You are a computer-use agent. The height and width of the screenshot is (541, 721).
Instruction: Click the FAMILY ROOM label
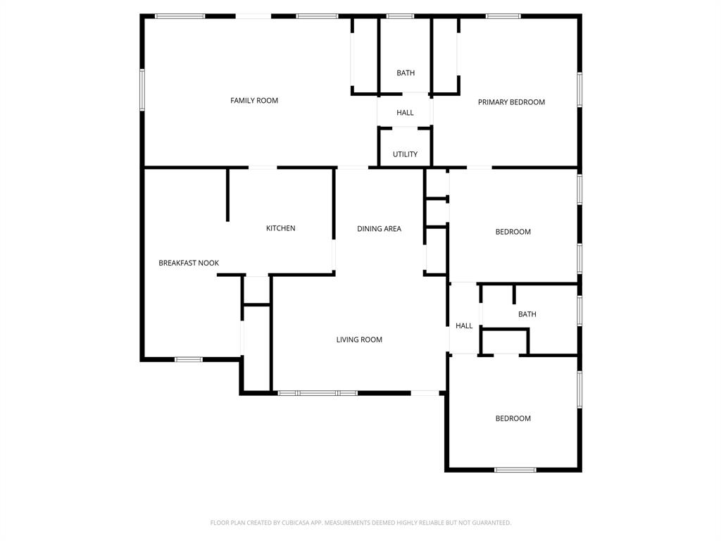pos(254,101)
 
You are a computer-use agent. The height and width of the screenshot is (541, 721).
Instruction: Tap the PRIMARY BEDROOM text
pos(511,102)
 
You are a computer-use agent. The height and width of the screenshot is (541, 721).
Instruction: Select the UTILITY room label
pos(405,154)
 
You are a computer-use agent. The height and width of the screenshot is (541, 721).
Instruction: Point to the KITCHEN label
pos(280,228)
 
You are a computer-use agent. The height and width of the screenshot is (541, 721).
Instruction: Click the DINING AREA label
pos(379,229)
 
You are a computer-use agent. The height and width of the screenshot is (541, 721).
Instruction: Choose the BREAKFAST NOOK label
pos(189,263)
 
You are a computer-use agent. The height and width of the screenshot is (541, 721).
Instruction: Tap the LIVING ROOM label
pos(359,340)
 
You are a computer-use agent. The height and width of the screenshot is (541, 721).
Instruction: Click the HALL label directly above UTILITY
pos(405,113)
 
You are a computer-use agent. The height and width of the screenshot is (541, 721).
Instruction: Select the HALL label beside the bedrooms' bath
pos(464,326)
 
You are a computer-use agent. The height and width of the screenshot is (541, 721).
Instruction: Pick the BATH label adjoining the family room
pos(406,73)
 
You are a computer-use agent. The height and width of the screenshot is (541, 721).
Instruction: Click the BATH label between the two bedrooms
pos(527,314)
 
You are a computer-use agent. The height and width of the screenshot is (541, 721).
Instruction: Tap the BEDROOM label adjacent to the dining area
pos(513,232)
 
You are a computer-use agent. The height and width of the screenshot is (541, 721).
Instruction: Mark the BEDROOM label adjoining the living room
pos(513,418)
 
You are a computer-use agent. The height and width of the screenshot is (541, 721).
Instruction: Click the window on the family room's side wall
pos(142,89)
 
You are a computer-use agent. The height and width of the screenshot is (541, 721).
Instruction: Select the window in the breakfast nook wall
pos(189,359)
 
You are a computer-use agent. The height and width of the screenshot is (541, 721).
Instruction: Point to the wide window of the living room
pos(318,392)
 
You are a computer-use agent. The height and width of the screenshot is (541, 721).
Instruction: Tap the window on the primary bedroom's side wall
pos(579,89)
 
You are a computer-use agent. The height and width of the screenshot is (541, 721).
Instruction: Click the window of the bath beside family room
pos(401,15)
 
